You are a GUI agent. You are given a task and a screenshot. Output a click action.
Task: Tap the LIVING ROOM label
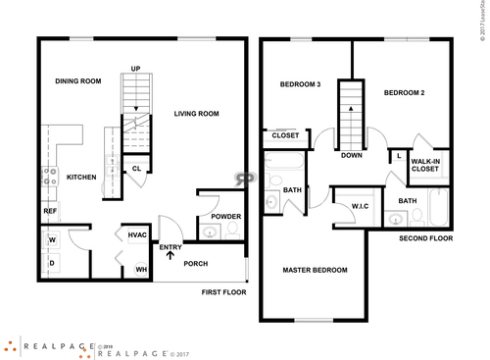[x=196, y=114]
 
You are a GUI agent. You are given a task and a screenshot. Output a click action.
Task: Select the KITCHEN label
[x=80, y=178]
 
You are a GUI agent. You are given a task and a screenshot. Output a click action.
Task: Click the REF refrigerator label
[x=49, y=211]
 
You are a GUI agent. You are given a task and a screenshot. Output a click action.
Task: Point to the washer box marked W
[x=52, y=238]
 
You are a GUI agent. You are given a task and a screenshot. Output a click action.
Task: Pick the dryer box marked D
[x=52, y=262]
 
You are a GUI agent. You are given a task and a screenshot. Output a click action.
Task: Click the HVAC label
[x=137, y=234]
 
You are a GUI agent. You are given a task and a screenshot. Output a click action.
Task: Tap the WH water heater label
[x=141, y=269]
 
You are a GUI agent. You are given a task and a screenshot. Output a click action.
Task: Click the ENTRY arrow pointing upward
[x=171, y=257]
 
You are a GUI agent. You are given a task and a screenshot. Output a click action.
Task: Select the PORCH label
[x=196, y=263]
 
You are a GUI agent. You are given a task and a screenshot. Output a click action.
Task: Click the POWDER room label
[x=226, y=217]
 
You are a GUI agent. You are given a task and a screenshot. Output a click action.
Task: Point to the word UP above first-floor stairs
[x=136, y=69]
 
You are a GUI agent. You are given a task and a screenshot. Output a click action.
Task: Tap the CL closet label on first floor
[x=137, y=169]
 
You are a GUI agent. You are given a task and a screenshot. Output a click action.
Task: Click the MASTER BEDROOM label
[x=315, y=270]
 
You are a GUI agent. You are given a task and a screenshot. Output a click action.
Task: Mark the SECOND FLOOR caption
[x=425, y=238]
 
